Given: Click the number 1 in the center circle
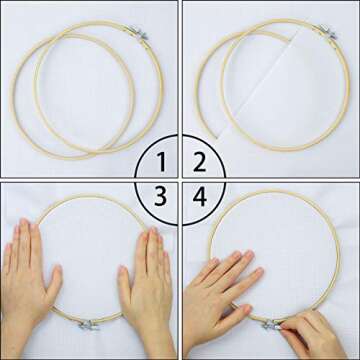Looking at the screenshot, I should pyautogui.click(x=161, y=160).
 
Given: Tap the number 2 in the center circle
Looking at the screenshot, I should pyautogui.click(x=199, y=160).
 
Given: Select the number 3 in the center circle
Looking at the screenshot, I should pyautogui.click(x=161, y=198).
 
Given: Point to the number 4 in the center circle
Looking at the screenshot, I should pyautogui.click(x=199, y=198).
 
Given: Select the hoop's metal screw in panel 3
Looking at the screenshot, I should pyautogui.click(x=88, y=325).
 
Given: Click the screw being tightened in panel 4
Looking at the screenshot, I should pyautogui.click(x=271, y=324).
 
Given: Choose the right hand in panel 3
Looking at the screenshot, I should pyautogui.click(x=146, y=285).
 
